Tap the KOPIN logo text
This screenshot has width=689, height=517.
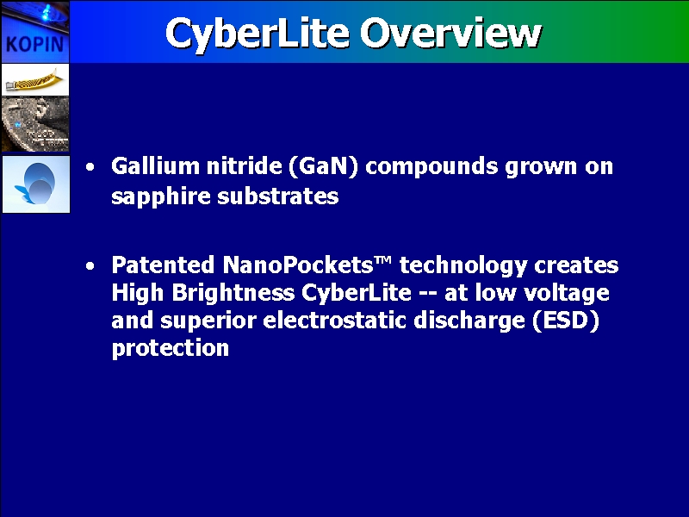tap(35, 44)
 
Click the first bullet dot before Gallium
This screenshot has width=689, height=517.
tap(90, 167)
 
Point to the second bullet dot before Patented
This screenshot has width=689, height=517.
tap(90, 266)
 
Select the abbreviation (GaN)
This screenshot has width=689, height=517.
tap(324, 166)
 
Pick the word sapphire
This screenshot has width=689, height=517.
tap(161, 196)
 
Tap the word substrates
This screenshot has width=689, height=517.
tap(278, 196)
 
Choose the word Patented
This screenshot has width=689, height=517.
tap(163, 265)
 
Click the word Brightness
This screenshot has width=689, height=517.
tap(233, 293)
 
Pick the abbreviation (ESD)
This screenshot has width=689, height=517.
tap(566, 321)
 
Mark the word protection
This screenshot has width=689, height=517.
tap(171, 348)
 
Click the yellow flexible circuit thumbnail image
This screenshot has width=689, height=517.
tap(35, 79)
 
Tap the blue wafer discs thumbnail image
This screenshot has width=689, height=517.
tap(35, 184)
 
